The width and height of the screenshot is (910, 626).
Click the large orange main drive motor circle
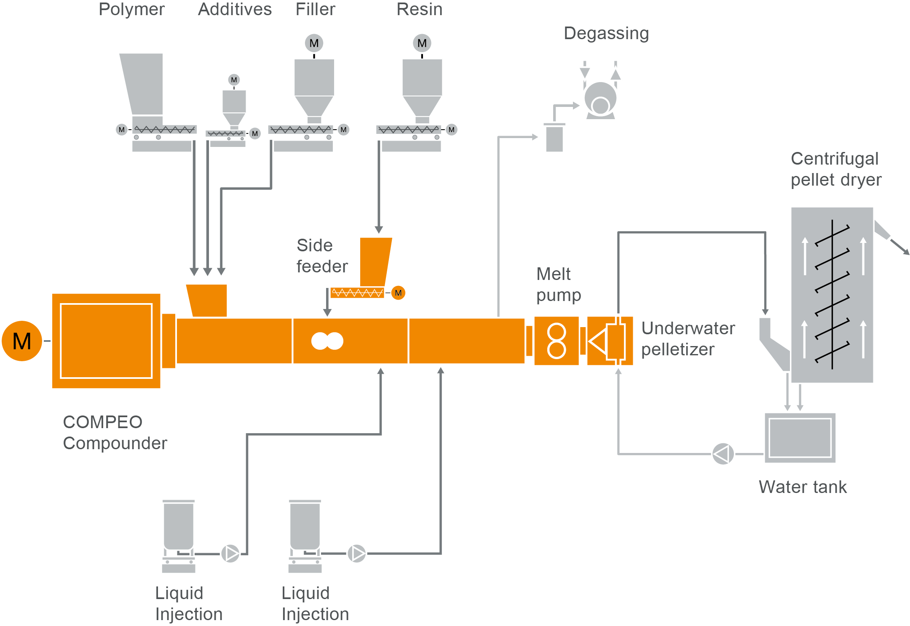tap(22, 341)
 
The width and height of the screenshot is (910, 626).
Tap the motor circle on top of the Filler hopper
tap(314, 43)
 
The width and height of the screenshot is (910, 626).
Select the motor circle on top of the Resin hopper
tap(422, 43)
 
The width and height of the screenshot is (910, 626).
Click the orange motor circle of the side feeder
tap(398, 293)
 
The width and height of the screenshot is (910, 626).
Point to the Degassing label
tap(606, 33)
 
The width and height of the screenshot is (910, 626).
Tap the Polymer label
tap(131, 9)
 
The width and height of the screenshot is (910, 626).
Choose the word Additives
tap(235, 9)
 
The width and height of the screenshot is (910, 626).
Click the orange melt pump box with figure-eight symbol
tap(556, 341)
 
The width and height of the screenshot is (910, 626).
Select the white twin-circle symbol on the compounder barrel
tap(327, 341)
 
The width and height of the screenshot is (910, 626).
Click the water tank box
tap(800, 437)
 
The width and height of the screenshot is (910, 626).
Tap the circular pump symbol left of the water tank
tap(723, 454)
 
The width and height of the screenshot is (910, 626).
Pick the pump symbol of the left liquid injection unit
tap(230, 553)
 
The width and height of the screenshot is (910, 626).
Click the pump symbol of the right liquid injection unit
tap(357, 553)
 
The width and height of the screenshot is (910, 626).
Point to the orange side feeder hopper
tap(375, 261)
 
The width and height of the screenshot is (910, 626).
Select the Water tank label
tap(802, 487)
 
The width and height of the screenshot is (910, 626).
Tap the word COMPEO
tap(102, 422)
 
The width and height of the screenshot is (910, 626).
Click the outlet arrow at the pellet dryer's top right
tap(899, 246)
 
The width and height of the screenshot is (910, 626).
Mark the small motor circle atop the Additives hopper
tap(234, 80)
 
